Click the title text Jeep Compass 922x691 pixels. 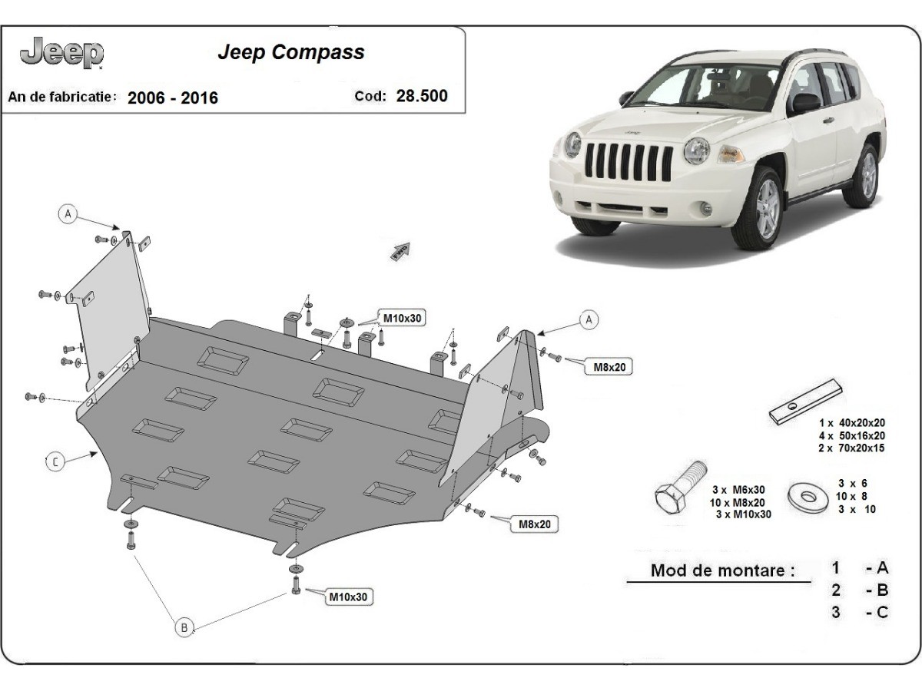tap(291, 52)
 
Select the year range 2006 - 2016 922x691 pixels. tap(172, 98)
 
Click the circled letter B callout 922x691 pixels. tap(184, 627)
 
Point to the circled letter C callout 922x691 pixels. tap(55, 461)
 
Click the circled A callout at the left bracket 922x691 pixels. tap(68, 214)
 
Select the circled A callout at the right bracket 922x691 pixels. tap(589, 319)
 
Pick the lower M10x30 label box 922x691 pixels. tap(349, 597)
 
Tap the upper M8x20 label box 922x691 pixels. tap(609, 367)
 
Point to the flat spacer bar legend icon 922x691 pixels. tap(807, 402)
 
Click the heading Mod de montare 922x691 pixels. tap(722, 570)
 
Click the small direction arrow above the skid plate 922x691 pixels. tap(401, 250)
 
